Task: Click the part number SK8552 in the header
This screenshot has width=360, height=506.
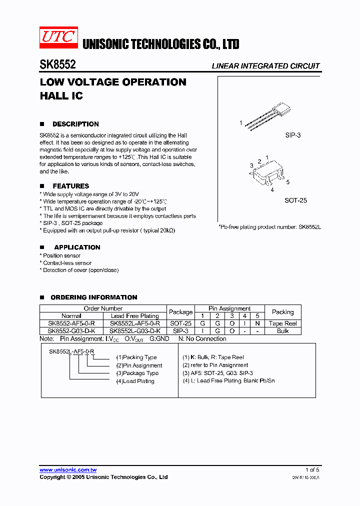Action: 58,65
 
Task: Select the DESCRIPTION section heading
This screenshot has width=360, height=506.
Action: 75,124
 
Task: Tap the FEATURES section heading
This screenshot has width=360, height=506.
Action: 70,186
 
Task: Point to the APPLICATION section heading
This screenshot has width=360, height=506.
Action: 77,247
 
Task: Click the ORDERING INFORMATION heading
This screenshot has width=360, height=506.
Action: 93,297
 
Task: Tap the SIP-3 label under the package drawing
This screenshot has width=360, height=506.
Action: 292,135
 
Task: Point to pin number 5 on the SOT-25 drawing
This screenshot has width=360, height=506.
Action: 288,182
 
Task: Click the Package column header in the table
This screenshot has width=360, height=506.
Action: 180,312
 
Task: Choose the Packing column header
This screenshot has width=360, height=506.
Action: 282,312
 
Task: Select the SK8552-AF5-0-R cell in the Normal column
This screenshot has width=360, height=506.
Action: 71,323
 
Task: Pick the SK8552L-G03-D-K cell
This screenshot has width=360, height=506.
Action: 134,331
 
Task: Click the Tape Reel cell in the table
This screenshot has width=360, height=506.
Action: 282,323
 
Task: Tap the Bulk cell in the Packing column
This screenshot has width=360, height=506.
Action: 282,331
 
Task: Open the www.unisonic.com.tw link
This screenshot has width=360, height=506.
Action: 68,469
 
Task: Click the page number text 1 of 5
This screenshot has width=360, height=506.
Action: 312,469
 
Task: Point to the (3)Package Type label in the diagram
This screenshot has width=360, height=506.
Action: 137,373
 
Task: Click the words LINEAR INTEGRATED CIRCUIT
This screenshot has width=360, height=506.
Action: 265,66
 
